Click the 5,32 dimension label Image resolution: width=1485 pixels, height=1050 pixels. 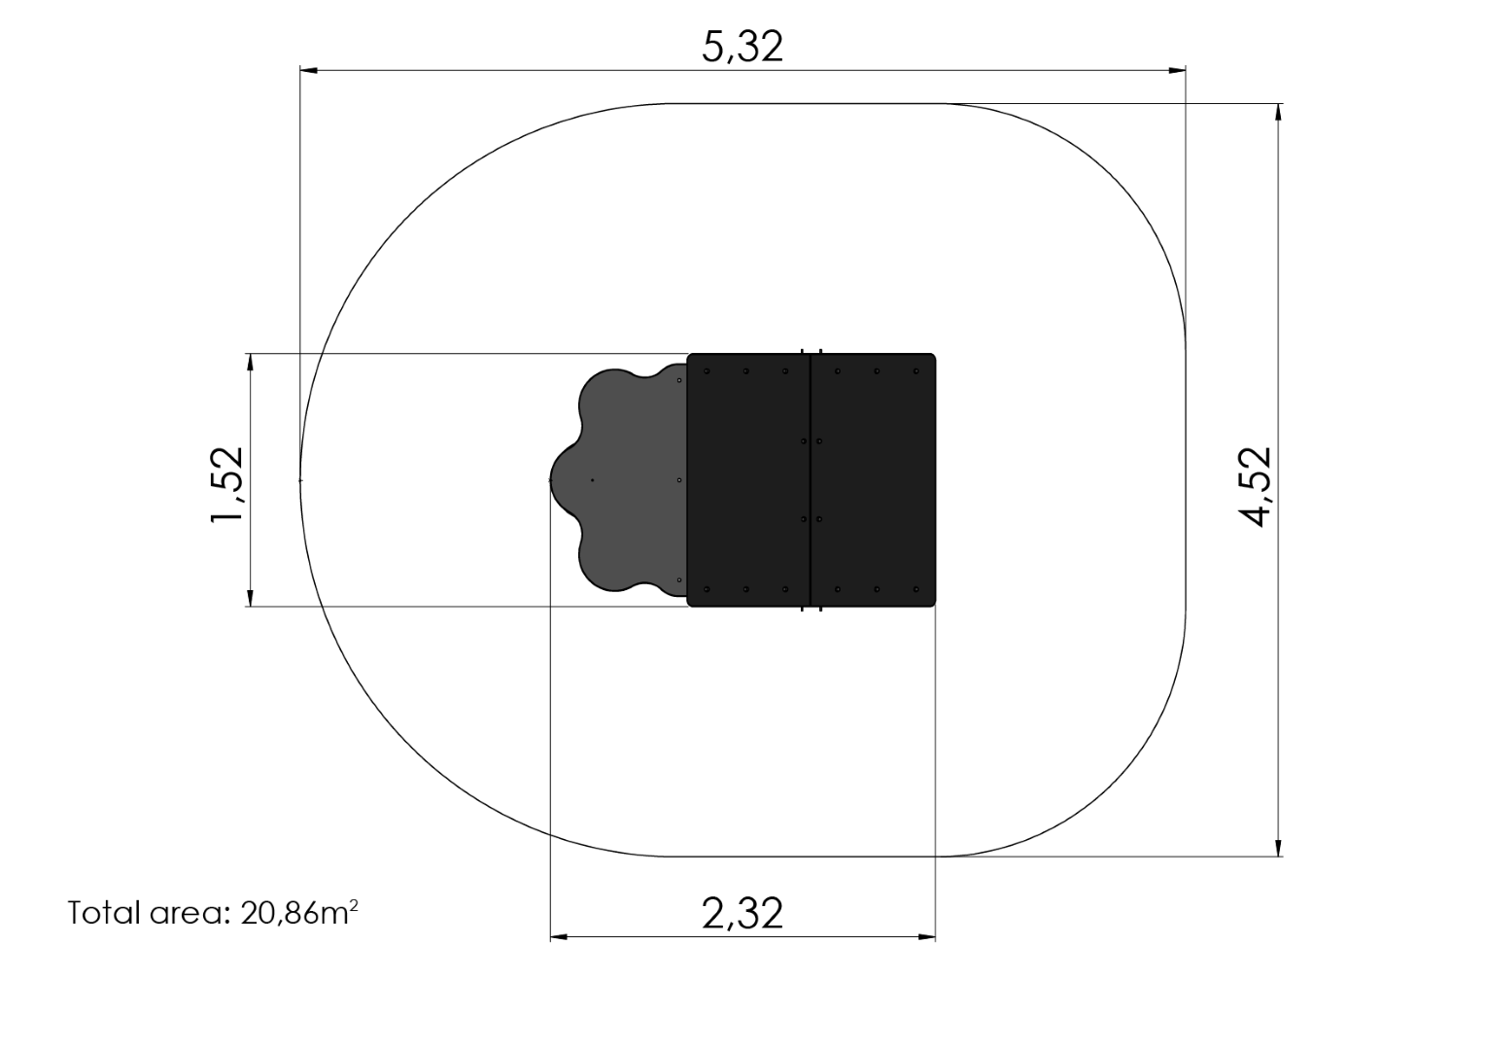[x=742, y=47]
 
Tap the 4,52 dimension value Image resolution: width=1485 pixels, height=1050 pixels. [x=1256, y=487]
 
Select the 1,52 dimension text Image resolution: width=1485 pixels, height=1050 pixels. [x=226, y=485]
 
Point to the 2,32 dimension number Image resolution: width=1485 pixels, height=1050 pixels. [x=742, y=913]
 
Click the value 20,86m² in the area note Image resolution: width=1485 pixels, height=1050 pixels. [x=299, y=913]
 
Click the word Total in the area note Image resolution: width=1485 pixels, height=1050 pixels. [x=105, y=913]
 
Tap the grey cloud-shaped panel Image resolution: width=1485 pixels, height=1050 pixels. [x=623, y=479]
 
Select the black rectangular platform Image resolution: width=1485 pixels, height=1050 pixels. [x=812, y=479]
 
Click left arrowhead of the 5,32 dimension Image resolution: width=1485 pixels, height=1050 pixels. [x=309, y=70]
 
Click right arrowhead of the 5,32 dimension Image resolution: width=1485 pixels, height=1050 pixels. [x=1177, y=70]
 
